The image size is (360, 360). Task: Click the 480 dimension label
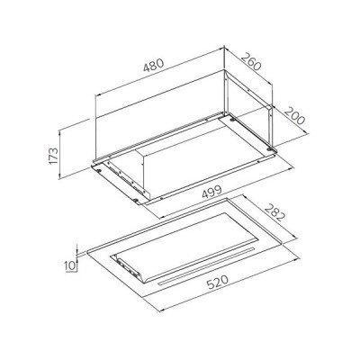pyautogui.click(x=154, y=66)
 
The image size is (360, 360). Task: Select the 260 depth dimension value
pyautogui.click(x=251, y=61)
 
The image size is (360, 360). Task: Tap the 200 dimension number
pyautogui.click(x=294, y=116)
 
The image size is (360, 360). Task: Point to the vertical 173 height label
pyautogui.click(x=53, y=155)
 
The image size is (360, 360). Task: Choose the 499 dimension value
pyautogui.click(x=211, y=192)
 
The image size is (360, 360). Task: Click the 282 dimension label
pyautogui.click(x=274, y=212)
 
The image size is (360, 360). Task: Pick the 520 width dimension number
pyautogui.click(x=218, y=283)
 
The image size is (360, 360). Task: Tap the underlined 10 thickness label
pyautogui.click(x=70, y=265)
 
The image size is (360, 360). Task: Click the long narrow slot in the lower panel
pyautogui.click(x=205, y=266)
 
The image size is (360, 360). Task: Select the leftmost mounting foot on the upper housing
pyautogui.click(x=99, y=170)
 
